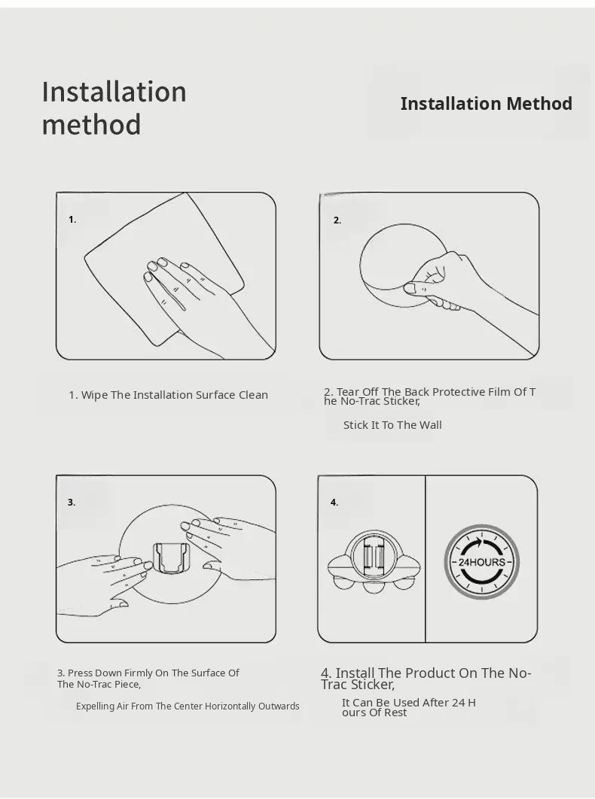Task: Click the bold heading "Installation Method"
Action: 486,103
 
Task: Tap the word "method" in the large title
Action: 91,125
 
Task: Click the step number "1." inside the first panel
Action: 72,220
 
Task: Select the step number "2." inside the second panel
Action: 337,220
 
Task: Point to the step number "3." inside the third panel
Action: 72,503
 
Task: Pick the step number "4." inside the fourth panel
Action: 334,503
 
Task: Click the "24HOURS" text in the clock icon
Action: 482,562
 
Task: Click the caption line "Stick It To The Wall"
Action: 392,425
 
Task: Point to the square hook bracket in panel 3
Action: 172,558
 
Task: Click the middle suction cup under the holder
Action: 374,586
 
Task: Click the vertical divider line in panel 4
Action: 425,559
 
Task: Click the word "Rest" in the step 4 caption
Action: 396,713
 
